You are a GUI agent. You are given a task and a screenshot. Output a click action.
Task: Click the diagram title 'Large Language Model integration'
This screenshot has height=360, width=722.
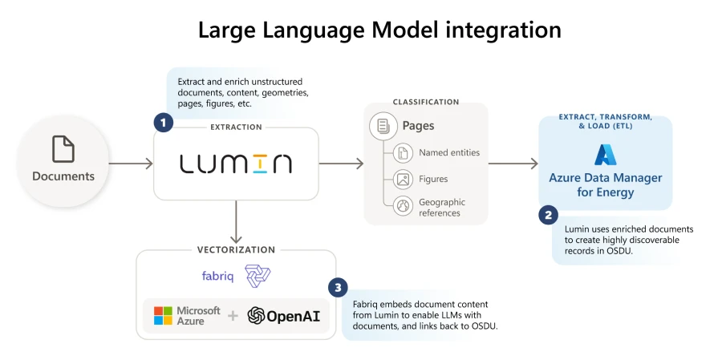coord(379,30)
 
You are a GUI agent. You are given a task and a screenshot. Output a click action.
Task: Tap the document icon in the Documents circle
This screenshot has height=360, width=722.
coord(63,150)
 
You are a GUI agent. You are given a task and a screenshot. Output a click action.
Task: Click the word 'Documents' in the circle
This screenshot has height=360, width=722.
coord(63,176)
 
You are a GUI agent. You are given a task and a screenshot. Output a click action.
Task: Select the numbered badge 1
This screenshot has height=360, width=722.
coord(163,123)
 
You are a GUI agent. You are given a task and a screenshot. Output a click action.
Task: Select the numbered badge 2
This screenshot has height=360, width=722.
coord(548,215)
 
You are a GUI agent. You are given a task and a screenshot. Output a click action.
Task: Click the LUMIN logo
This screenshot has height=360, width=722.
coord(236,164)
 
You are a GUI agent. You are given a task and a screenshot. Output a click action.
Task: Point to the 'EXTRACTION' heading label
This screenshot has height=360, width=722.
coord(236,127)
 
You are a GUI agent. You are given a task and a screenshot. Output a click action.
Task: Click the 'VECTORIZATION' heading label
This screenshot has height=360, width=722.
coord(236,250)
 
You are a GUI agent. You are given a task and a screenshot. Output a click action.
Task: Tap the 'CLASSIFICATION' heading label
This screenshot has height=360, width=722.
coord(425,102)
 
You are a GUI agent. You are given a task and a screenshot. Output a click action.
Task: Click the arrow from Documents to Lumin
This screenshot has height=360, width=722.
coord(130,164)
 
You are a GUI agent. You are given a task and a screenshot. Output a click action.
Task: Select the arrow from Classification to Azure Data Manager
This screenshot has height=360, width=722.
coord(513,164)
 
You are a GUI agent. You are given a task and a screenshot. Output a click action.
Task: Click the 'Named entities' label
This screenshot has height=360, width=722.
coord(449,152)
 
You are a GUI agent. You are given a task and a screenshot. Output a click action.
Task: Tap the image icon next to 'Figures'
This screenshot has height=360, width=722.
coord(403,179)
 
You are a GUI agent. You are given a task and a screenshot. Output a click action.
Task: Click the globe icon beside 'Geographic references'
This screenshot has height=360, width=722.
coord(403,207)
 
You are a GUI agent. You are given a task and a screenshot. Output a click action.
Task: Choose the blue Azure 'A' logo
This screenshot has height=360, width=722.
coord(604,155)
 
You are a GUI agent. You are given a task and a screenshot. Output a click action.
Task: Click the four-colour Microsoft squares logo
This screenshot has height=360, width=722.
coord(164,315)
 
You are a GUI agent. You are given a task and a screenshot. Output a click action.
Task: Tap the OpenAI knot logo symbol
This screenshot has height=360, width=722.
coord(256,315)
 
